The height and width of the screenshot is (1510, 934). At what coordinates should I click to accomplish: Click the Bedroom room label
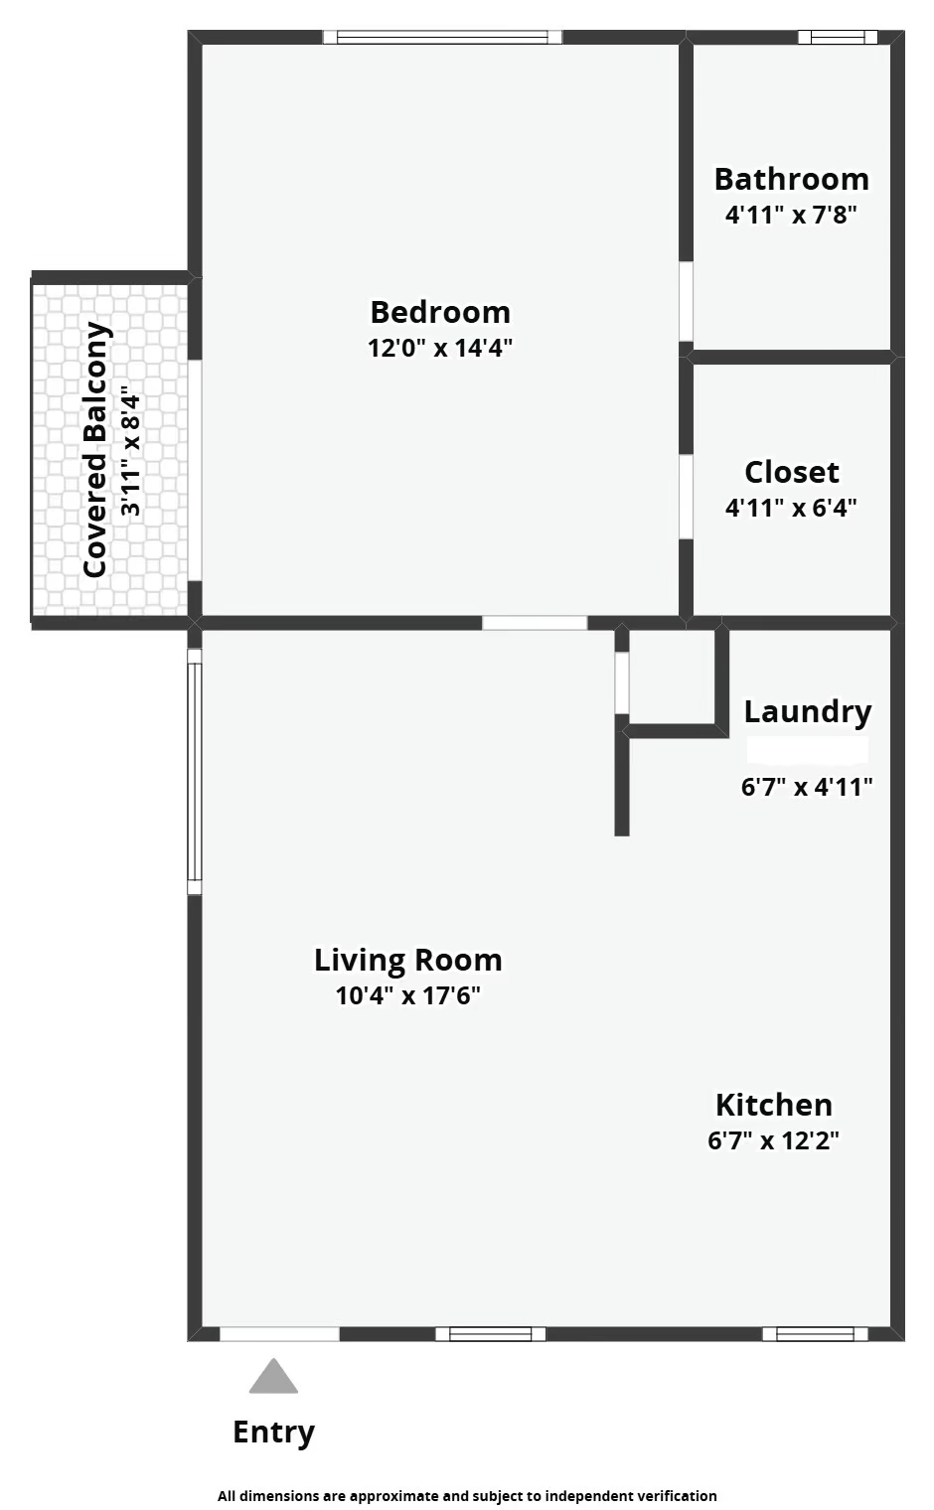[440, 312]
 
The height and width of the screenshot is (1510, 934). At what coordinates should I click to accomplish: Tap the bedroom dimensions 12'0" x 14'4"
[440, 348]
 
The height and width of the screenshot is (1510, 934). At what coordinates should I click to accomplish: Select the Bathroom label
[791, 179]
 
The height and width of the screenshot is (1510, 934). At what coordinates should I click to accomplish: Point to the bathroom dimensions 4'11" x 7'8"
[791, 215]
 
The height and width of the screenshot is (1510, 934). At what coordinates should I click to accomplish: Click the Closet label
[791, 472]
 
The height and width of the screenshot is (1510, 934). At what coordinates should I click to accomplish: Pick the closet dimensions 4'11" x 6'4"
[791, 508]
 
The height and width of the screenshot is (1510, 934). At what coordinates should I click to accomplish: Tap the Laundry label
[807, 711]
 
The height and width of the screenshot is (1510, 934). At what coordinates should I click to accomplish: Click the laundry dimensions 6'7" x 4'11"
[807, 787]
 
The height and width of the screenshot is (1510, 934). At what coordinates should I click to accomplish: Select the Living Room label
[407, 960]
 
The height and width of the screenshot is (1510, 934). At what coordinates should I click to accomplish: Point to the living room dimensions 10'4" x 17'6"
[407, 995]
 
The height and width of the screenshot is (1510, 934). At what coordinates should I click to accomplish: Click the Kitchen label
[773, 1105]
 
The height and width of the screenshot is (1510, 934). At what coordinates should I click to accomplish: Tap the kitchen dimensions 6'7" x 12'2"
[773, 1140]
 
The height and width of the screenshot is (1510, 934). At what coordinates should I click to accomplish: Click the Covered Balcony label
[95, 449]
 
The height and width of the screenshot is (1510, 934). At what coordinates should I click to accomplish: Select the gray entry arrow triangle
[273, 1379]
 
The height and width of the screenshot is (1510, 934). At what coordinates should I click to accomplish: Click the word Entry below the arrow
[273, 1432]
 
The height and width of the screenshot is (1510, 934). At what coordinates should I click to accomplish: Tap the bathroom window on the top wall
[838, 38]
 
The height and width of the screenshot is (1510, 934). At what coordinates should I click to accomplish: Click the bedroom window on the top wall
[442, 38]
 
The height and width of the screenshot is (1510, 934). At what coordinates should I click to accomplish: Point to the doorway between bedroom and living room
[535, 623]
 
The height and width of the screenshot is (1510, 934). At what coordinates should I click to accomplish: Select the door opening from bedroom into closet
[686, 497]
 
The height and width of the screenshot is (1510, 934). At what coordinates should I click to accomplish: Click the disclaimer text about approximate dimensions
[467, 1495]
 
